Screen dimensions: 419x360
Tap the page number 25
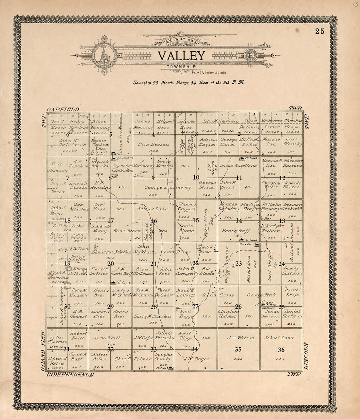click(320, 31)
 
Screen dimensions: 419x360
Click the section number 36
click(281, 350)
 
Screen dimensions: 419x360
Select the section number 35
click(238, 350)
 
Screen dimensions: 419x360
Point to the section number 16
click(154, 221)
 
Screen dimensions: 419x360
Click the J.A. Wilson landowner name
click(238, 338)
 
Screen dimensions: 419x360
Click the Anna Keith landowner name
click(107, 338)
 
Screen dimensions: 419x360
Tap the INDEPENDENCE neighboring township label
click(70, 374)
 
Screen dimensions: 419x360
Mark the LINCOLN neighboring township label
click(306, 357)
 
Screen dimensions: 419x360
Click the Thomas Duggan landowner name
click(187, 206)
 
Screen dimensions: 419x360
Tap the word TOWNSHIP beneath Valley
click(181, 67)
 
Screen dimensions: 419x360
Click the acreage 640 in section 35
click(238, 359)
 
